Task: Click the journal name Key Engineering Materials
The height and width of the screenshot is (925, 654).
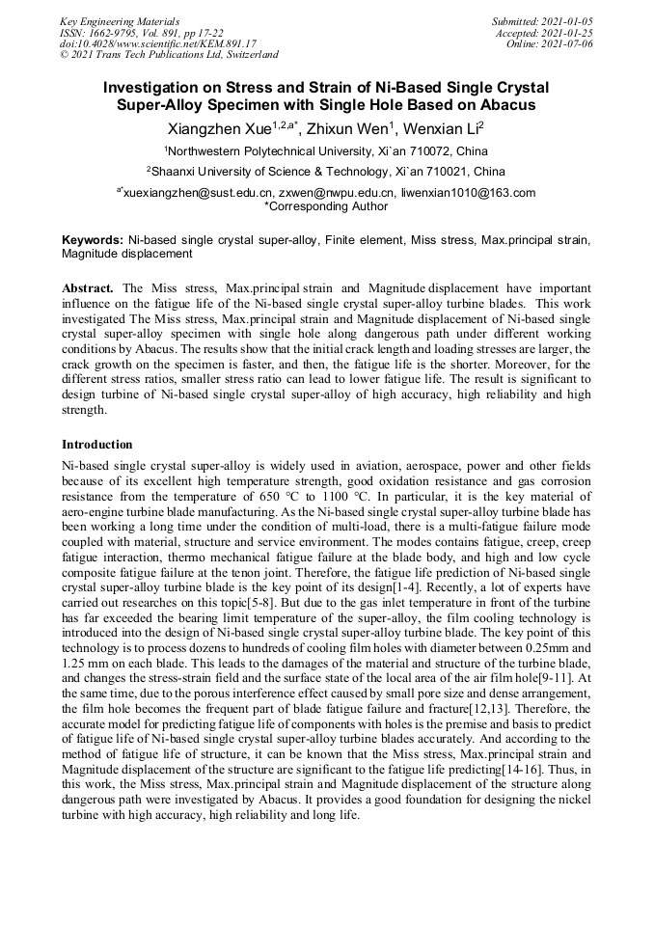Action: tap(119, 20)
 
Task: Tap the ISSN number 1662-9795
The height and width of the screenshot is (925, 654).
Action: tap(122, 32)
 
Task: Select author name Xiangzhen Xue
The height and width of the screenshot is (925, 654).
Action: tap(216, 129)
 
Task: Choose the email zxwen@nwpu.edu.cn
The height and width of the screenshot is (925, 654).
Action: tap(337, 193)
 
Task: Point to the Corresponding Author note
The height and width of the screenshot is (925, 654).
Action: tap(327, 206)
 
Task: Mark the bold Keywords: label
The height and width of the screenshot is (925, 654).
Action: tap(93, 239)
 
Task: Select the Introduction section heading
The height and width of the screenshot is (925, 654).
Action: tap(97, 445)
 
